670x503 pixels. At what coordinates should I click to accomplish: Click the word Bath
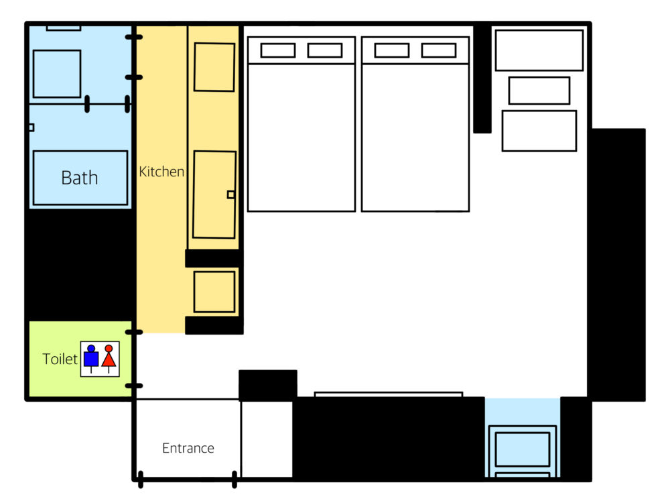coord(80,178)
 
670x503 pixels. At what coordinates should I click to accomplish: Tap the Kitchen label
coord(161,172)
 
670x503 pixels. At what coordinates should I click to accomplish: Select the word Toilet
coord(60,359)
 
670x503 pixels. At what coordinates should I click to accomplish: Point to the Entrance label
coord(188,448)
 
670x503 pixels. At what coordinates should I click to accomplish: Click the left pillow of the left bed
coord(278,50)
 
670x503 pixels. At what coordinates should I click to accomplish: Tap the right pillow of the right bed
coord(439,50)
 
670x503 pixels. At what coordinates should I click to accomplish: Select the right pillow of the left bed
coord(325,50)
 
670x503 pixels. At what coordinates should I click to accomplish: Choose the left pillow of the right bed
coord(392,50)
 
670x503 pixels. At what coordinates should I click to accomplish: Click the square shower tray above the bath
coord(57,74)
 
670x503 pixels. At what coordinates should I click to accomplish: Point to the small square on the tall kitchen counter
coord(230,194)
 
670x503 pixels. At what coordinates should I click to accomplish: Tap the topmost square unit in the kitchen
coord(214,67)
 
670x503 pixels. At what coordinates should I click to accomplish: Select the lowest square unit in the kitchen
coord(214,292)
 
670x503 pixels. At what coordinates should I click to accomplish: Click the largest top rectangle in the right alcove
coord(539,50)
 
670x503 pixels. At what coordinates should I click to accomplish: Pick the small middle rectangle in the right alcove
coord(539,91)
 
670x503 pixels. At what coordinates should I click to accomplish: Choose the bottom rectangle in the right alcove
coord(539,131)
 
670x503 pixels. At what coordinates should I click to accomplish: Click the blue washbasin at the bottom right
coord(522,449)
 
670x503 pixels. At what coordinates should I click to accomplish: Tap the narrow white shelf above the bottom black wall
coord(389,394)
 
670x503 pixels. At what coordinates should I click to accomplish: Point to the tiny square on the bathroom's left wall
coord(31,127)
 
